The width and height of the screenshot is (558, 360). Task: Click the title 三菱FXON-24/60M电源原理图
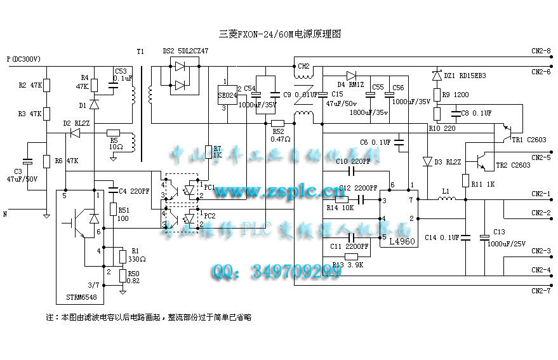279,34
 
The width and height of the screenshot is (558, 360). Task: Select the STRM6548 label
83,297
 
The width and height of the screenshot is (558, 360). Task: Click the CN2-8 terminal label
541,51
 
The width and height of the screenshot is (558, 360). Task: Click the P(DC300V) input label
23,59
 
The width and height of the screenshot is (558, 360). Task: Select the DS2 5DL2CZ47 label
185,51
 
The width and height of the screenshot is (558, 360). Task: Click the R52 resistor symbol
277,123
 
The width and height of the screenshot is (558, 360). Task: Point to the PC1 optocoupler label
210,187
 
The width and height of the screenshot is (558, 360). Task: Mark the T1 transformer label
140,51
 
